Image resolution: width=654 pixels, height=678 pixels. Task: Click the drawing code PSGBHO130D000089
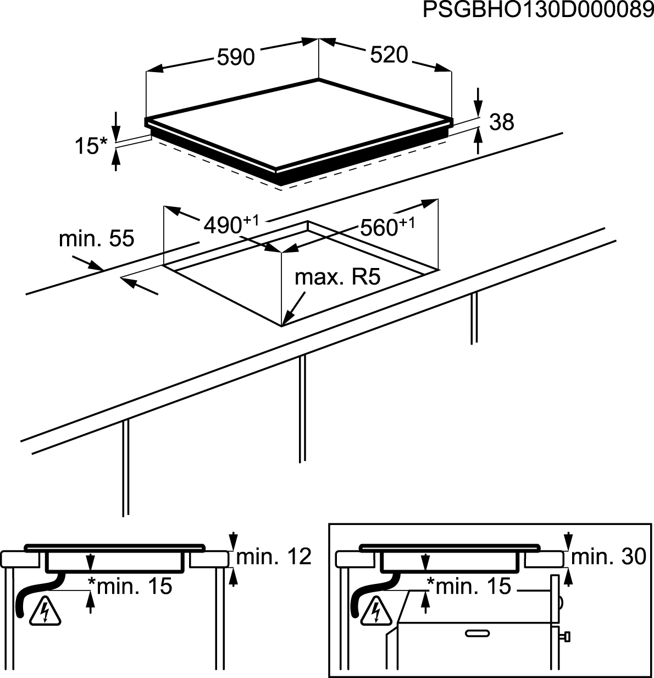point(537,11)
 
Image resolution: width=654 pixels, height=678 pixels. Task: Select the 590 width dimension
point(235,57)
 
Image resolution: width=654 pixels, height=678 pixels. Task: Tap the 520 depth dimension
point(389,55)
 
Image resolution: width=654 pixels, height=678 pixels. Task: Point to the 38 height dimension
point(501,122)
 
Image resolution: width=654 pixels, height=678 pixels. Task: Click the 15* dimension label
point(91,146)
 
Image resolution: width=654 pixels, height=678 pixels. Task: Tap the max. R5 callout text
point(337,277)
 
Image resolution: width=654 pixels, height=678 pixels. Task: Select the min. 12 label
point(274,557)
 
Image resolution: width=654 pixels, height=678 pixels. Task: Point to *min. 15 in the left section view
point(130,586)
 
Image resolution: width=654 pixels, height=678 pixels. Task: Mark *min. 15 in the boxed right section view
point(469,586)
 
